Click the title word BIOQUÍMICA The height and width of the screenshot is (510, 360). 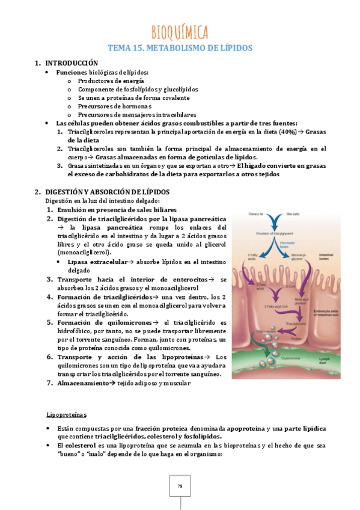180,31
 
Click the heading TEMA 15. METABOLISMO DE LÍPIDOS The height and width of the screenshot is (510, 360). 180,48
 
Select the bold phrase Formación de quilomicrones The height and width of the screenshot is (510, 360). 105,322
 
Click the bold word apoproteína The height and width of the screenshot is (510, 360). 248,428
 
